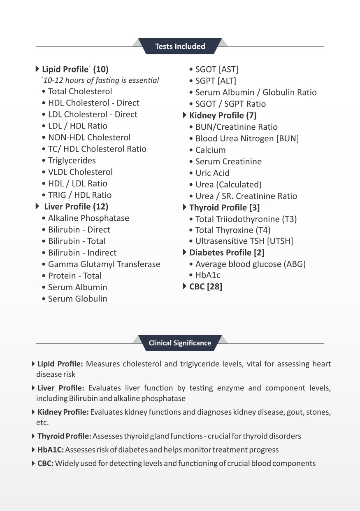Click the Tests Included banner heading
(180, 47)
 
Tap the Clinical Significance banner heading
(180, 343)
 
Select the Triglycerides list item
(72, 161)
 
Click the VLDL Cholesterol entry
(80, 172)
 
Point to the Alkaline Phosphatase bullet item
(88, 218)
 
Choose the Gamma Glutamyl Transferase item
(104, 264)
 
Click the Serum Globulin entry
(77, 299)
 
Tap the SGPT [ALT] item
(216, 81)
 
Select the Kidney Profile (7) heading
(223, 116)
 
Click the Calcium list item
(210, 150)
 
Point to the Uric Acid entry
(212, 173)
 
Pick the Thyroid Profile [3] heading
(224, 208)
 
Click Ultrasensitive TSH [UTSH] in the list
(244, 241)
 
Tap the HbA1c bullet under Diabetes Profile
(208, 275)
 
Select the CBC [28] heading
(205, 287)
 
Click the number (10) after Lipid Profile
(101, 69)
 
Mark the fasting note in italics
(101, 80)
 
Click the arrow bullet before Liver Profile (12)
(38, 206)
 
